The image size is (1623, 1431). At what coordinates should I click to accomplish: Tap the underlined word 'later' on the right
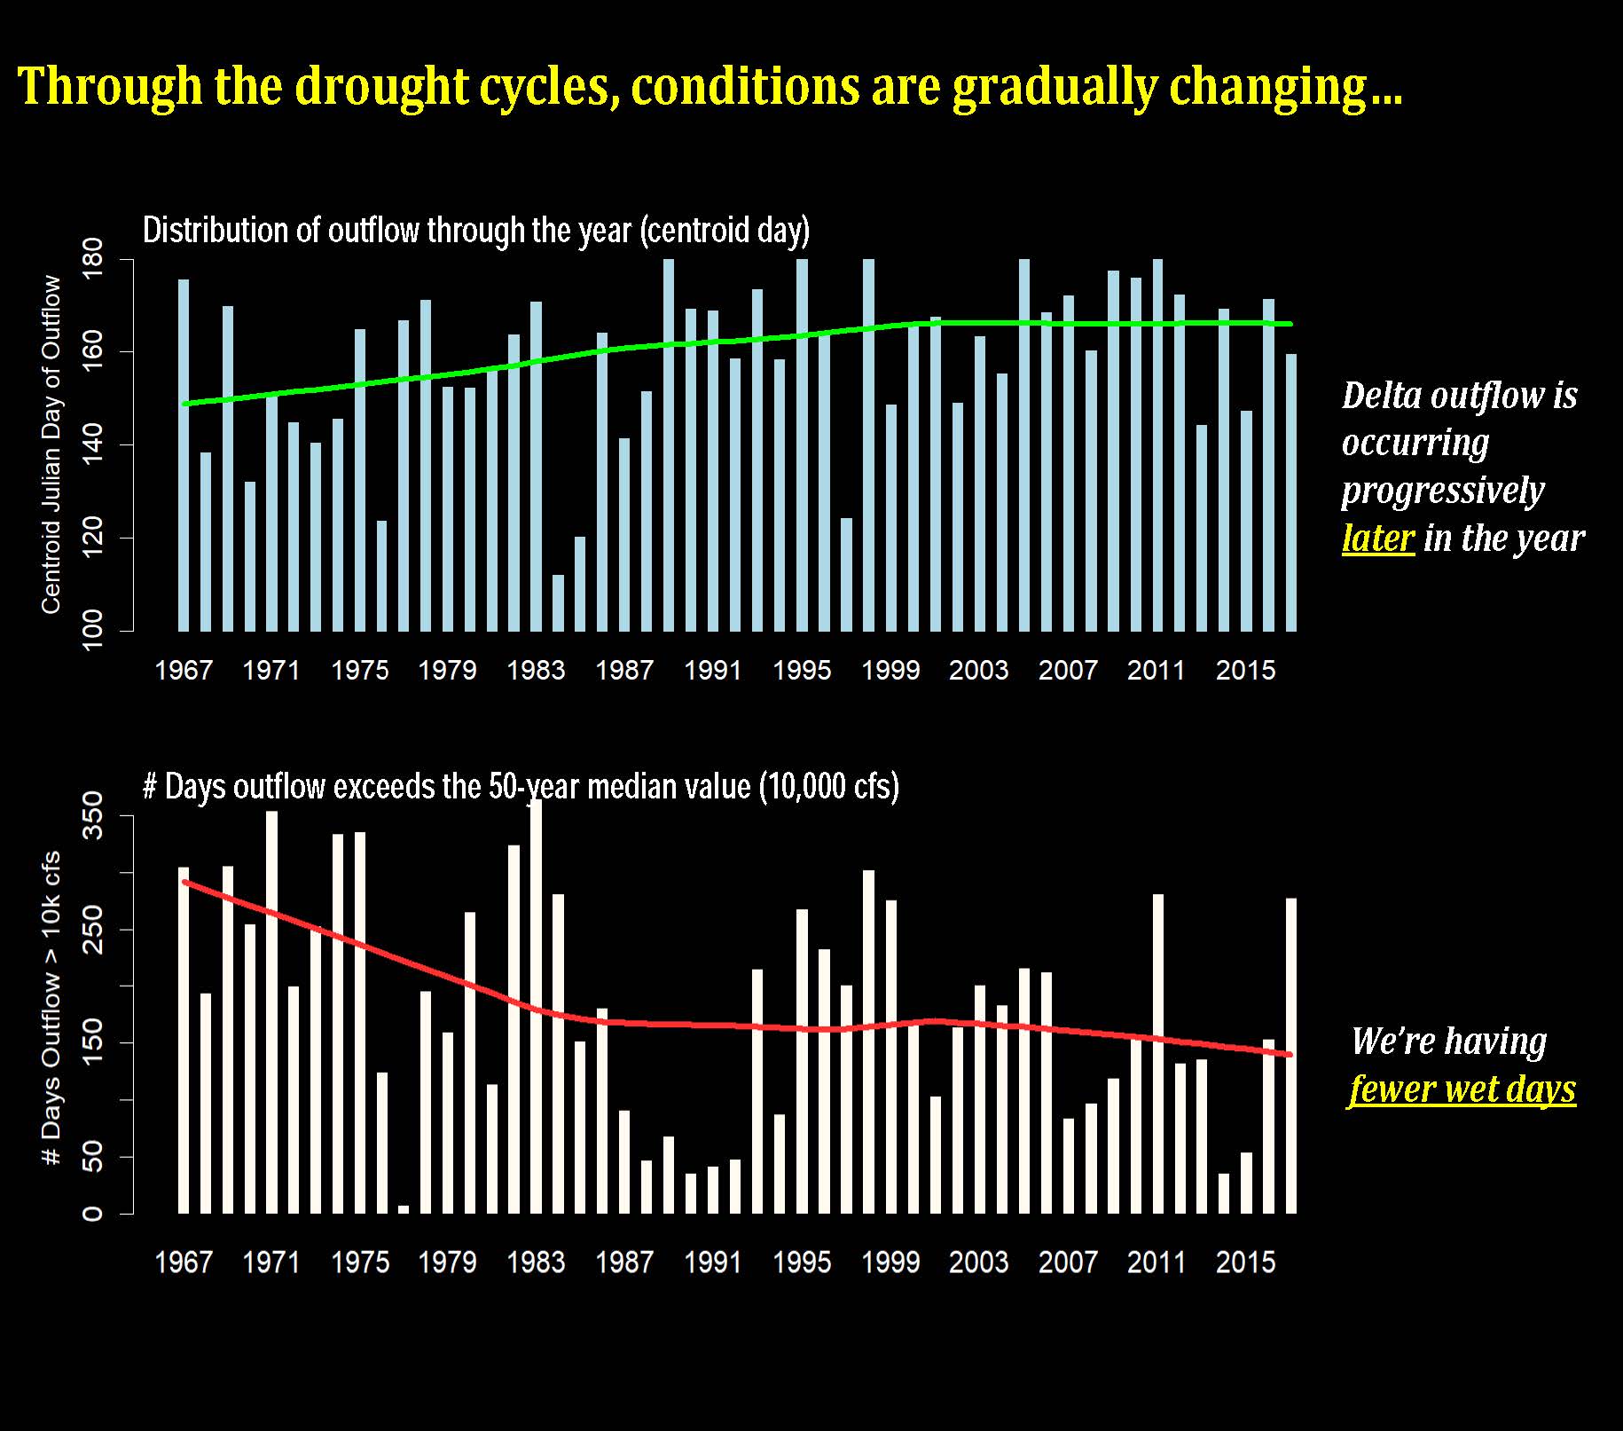pos(1377,538)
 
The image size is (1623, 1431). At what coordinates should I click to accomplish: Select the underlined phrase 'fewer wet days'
pos(1462,1089)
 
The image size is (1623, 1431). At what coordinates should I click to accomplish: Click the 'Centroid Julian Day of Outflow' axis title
pos(51,444)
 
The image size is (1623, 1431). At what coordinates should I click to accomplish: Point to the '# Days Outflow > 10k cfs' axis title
pos(51,1007)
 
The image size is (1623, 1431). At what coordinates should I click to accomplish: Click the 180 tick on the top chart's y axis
pos(92,258)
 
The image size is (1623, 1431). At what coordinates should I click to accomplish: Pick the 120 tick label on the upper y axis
pos(92,538)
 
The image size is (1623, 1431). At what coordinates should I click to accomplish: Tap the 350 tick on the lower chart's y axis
pos(92,816)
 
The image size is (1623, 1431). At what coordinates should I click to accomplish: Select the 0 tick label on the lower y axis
pos(92,1213)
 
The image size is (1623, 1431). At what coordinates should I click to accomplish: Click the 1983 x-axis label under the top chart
pos(536,670)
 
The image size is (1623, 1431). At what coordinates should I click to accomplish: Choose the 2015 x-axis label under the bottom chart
pos(1245,1262)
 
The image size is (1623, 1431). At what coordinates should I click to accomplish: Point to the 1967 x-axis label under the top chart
pos(184,670)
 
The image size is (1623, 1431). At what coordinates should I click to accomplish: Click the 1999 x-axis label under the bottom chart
pos(890,1262)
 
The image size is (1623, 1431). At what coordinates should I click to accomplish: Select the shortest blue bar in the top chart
pos(558,603)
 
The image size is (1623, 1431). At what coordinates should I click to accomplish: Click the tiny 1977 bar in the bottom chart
pos(404,1209)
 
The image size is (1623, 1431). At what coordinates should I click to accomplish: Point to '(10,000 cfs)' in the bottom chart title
pos(828,787)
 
